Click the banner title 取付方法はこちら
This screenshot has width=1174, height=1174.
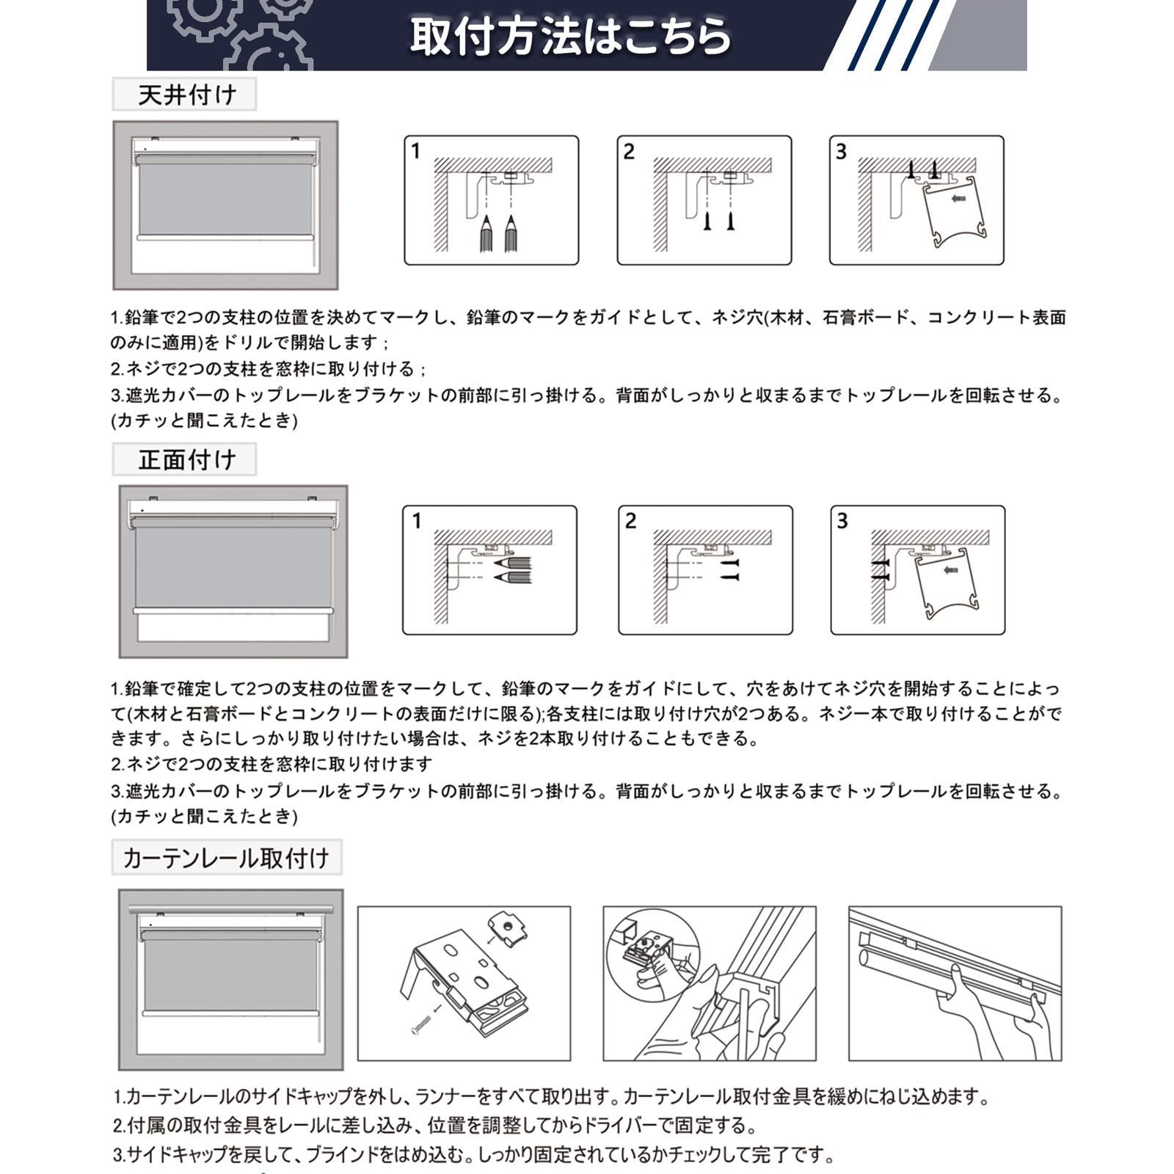click(x=570, y=35)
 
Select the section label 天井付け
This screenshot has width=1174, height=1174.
click(x=186, y=95)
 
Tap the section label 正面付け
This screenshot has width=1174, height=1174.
click(x=186, y=460)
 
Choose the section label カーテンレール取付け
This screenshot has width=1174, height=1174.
click(x=226, y=858)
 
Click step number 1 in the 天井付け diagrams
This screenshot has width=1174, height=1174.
click(x=416, y=151)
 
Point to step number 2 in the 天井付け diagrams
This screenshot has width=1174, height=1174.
click(x=629, y=151)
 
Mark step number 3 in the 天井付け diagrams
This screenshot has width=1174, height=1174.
click(x=841, y=151)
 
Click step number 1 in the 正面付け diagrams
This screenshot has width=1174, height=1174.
click(x=416, y=521)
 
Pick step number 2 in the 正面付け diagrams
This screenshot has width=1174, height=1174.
click(x=630, y=521)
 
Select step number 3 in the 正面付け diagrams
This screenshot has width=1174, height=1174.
click(x=842, y=521)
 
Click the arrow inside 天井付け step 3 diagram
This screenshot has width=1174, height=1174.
click(x=958, y=198)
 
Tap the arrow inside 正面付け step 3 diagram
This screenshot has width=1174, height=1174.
click(x=951, y=569)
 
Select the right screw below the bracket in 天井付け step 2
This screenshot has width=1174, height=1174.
click(x=731, y=222)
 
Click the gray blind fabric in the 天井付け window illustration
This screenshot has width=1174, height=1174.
click(x=225, y=196)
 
